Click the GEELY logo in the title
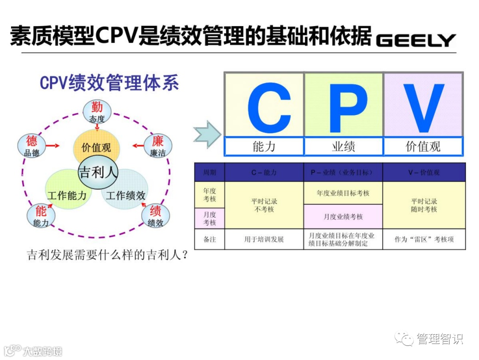tap(416, 40)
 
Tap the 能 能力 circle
tap(41, 216)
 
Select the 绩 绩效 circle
tap(155, 216)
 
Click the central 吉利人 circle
tap(98, 172)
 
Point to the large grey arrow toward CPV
tap(207, 134)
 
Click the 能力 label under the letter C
tap(264, 146)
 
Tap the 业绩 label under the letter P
tap(343, 146)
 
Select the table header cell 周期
tap(209, 172)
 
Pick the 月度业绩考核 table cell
tap(343, 217)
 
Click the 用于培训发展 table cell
tap(264, 239)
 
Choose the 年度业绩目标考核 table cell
tap(343, 194)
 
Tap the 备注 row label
tap(209, 239)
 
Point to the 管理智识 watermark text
tap(439, 340)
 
